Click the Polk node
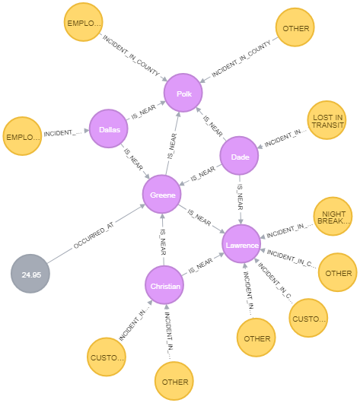click(x=183, y=94)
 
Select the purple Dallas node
click(x=109, y=130)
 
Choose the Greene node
click(x=162, y=195)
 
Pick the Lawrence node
click(x=242, y=245)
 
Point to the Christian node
click(x=164, y=286)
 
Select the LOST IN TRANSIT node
click(x=327, y=121)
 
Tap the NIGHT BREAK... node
click(x=333, y=217)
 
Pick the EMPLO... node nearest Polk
click(x=83, y=23)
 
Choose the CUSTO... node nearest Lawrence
click(x=308, y=319)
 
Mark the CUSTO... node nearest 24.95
click(x=107, y=357)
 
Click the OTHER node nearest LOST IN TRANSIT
click(x=295, y=28)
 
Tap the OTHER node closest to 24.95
click(x=174, y=382)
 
